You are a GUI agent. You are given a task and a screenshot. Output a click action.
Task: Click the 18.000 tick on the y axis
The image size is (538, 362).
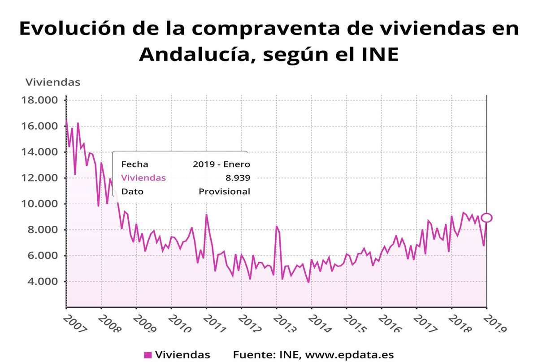[x=39, y=100]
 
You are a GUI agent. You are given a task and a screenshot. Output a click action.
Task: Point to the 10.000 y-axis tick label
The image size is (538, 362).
[x=39, y=204]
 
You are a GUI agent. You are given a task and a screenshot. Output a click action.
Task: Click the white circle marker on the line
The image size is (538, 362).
[x=486, y=218]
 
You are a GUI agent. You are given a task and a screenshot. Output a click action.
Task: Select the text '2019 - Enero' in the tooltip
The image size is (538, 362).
[x=221, y=164]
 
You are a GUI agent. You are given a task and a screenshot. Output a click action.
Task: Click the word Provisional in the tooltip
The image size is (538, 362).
[x=224, y=191]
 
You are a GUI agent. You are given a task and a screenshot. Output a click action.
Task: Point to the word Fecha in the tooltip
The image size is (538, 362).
[x=134, y=164]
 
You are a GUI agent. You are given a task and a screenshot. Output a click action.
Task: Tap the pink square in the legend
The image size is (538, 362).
[x=148, y=355]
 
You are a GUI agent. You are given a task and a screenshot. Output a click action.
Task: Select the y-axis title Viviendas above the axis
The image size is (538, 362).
[x=53, y=82]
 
